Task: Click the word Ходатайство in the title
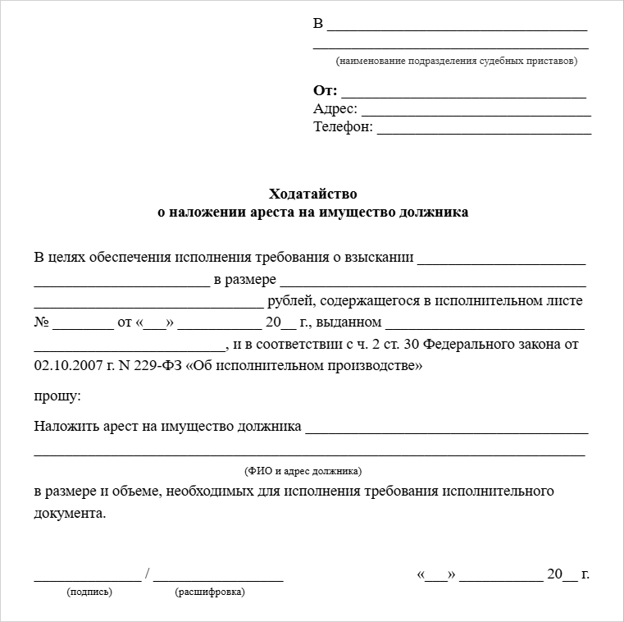point(313,194)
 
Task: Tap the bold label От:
point(325,91)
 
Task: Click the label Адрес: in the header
point(335,109)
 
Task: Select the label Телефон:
point(343,127)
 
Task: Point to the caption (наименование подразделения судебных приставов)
point(456,61)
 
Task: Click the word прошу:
point(57,396)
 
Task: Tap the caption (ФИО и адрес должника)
point(303,471)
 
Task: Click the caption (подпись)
point(89,592)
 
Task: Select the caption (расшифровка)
point(210,592)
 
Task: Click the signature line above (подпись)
point(87,579)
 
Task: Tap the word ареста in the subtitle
point(282,213)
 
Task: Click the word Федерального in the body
point(460,344)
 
